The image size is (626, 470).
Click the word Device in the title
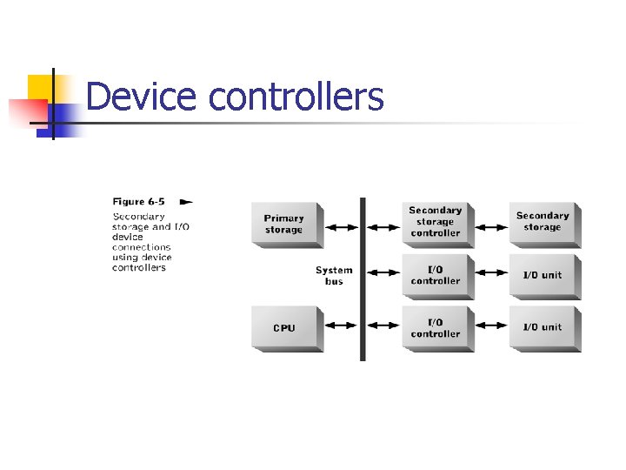tap(142, 97)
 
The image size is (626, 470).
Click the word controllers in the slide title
tap(296, 97)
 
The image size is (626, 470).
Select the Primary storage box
tap(284, 225)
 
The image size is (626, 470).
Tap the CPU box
tap(284, 327)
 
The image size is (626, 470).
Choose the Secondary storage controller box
tap(436, 222)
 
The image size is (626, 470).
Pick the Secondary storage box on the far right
tap(543, 222)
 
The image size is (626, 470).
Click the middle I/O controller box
tap(436, 275)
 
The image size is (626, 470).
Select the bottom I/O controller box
tap(436, 327)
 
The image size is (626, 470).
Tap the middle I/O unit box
tap(543, 275)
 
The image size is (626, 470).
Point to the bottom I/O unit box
tap(543, 327)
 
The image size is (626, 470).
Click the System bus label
tap(334, 276)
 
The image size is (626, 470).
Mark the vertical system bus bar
tap(363, 279)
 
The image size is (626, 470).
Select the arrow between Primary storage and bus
tap(341, 227)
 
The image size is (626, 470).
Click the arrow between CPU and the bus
tap(341, 326)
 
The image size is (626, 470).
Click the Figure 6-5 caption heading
tap(139, 202)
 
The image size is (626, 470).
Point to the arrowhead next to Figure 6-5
tap(185, 202)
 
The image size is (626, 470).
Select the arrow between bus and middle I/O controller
tap(383, 272)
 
